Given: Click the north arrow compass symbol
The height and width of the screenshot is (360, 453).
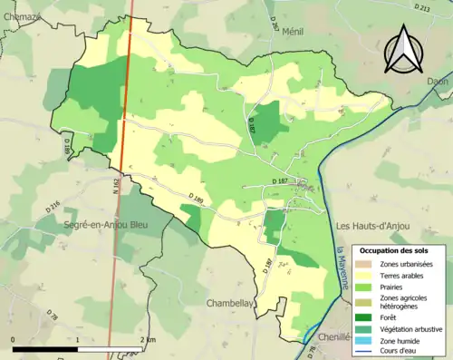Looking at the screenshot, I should [x=404, y=50].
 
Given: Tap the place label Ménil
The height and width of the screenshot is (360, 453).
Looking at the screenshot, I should [x=293, y=31].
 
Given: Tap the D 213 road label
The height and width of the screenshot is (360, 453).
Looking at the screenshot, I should [x=422, y=7].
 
